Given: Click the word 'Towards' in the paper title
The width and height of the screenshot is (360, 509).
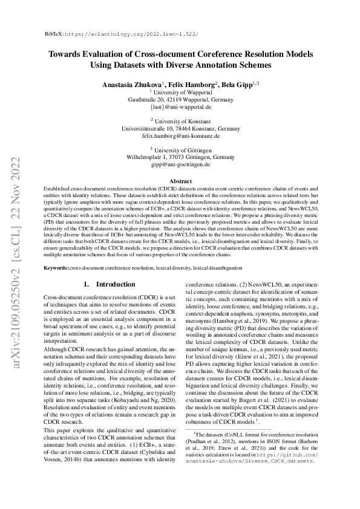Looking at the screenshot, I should pos(68,54).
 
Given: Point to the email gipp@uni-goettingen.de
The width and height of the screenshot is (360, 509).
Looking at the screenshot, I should pos(180,164).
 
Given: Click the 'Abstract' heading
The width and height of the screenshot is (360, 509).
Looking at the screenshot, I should pos(180,181).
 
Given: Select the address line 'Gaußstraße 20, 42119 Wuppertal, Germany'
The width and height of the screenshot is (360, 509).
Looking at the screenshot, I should pos(180,99).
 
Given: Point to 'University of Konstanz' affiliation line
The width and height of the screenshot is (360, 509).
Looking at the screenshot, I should pos(180,121).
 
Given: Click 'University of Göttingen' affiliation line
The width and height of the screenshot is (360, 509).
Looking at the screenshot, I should pos(180,150).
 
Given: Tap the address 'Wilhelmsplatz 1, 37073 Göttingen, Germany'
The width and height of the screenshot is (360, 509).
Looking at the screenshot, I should pos(180,157).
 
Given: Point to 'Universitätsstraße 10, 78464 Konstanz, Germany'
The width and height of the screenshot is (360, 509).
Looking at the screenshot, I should pos(180,128).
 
